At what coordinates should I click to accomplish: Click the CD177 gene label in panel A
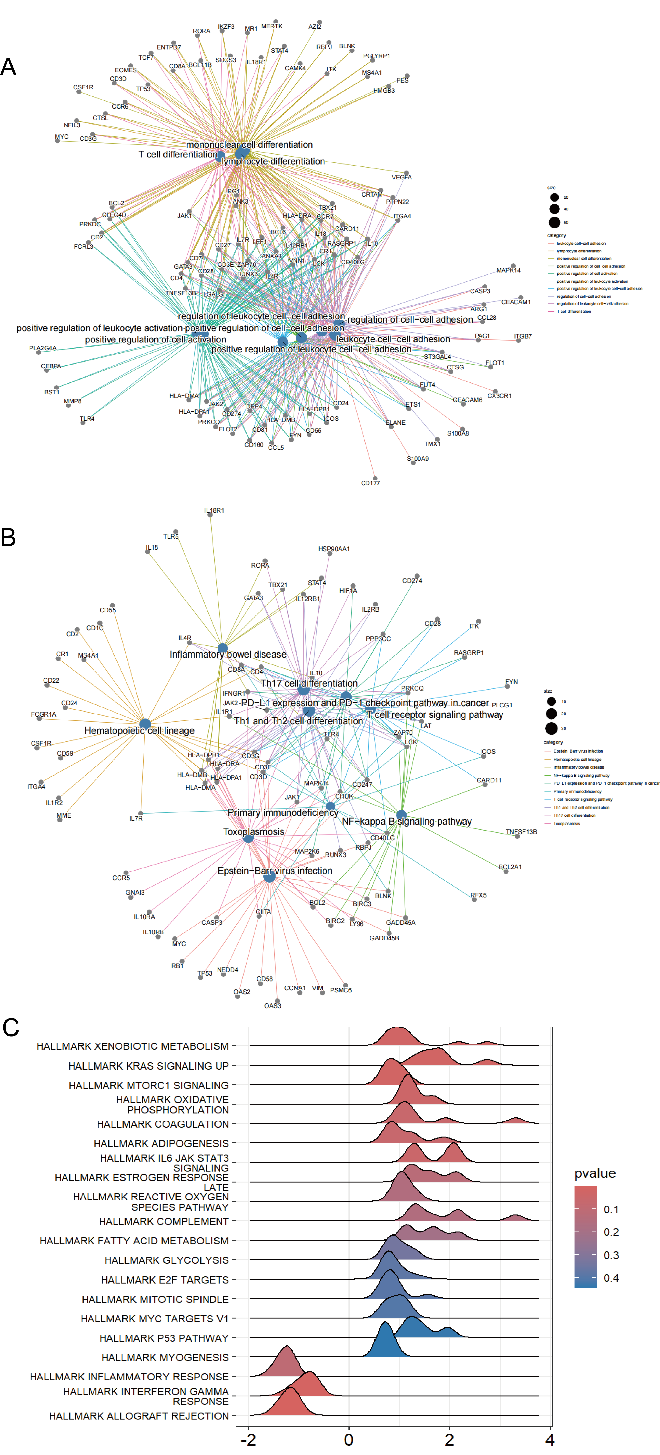[371, 483]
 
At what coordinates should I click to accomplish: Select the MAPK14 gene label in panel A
[509, 271]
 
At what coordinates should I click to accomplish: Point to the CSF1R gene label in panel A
[83, 87]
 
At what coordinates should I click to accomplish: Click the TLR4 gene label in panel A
[87, 419]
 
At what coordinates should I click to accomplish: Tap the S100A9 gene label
[418, 459]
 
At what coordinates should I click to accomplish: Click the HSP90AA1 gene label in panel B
[334, 549]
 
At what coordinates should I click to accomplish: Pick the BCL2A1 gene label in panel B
[510, 867]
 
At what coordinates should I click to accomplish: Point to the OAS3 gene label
[272, 1005]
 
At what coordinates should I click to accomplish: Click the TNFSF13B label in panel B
[521, 832]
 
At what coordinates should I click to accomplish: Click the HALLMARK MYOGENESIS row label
[165, 1357]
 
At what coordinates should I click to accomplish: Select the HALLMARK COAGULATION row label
[163, 1124]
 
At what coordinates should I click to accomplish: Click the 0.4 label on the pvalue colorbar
[611, 1278]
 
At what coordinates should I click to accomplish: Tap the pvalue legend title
[594, 1173]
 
